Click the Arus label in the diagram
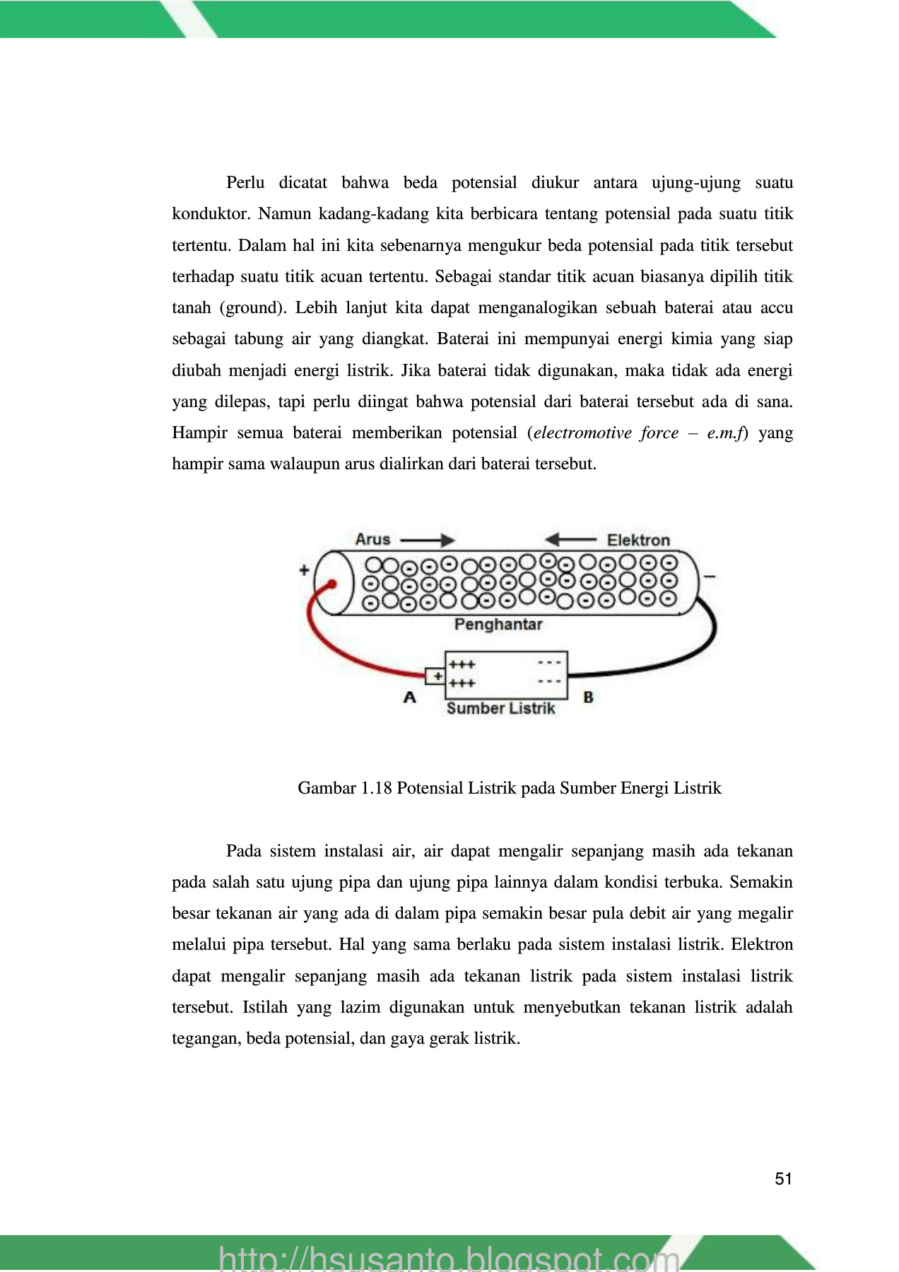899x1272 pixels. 372,539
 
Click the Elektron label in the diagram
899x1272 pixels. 637,541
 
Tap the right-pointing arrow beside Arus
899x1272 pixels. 428,541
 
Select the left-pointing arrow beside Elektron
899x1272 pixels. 570,540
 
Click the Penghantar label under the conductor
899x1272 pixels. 498,625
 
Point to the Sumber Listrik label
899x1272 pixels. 500,708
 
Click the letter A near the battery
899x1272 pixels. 410,697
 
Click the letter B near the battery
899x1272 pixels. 588,697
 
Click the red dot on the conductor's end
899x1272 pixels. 331,584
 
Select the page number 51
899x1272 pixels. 783,1179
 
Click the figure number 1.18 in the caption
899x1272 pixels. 376,788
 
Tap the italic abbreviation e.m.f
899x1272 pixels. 725,433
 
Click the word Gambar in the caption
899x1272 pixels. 327,788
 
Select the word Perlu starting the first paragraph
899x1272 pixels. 245,183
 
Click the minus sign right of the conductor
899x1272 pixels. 710,577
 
